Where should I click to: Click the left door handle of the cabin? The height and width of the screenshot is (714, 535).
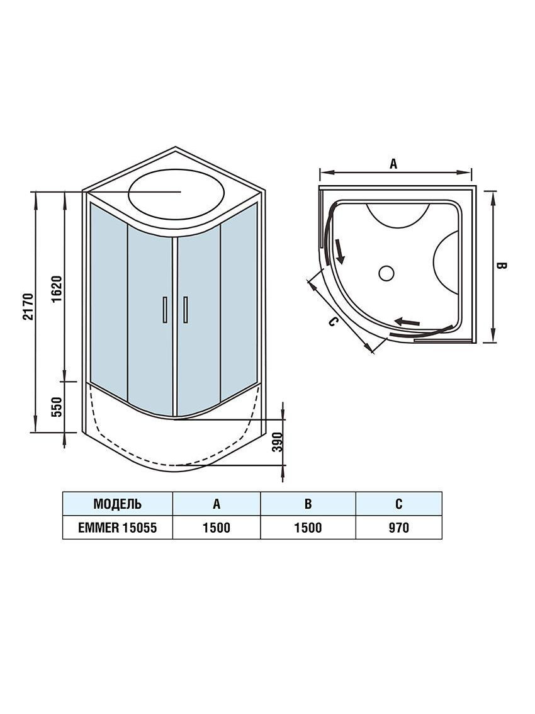pos(164,309)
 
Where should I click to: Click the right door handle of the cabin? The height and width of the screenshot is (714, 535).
pos(186,309)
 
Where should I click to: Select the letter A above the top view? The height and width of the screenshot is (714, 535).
pos(393,164)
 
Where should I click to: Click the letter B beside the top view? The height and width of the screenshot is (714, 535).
pos(502,266)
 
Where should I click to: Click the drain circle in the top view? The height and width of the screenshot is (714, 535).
pos(386,273)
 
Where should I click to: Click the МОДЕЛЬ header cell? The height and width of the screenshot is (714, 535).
pos(117,504)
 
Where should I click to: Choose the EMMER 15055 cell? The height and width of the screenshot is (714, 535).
pos(117,528)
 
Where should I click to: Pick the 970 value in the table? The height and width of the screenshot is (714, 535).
pos(398,528)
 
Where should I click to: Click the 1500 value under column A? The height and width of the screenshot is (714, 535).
pos(216,528)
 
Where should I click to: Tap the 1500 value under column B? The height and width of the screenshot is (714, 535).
pos(308,528)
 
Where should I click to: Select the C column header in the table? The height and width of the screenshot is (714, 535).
pos(398,504)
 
